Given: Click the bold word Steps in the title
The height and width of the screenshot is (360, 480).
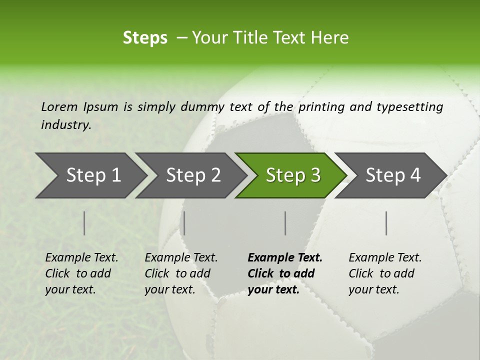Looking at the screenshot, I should [145, 38].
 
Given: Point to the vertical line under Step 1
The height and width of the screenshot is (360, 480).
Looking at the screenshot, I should [84, 223].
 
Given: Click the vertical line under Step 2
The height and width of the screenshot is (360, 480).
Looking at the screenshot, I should [184, 223].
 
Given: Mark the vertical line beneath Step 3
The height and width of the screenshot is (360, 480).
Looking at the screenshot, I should [285, 223].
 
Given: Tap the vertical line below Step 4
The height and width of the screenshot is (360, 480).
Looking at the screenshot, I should [386, 223].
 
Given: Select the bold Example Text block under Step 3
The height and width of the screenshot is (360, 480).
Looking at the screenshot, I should [284, 273].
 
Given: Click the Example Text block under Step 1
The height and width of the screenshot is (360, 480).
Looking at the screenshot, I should [81, 273].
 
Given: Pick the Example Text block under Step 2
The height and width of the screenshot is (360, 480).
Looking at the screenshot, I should [181, 273].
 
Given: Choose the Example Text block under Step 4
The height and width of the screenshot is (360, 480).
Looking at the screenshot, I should [385, 273].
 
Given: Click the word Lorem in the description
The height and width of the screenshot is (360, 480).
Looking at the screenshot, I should [59, 106].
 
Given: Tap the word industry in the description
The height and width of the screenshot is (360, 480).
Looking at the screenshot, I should [66, 125].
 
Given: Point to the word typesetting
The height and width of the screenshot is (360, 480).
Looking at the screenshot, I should [409, 107].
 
